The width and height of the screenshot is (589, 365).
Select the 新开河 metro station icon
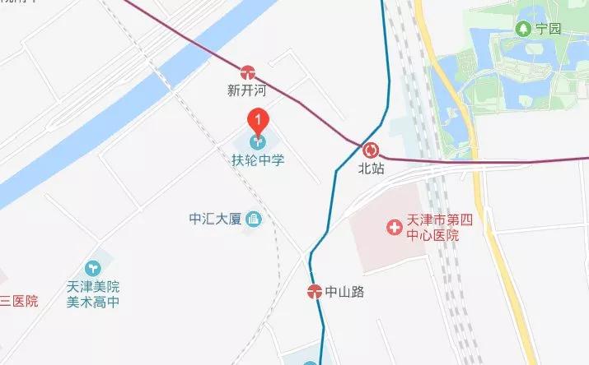(248, 72)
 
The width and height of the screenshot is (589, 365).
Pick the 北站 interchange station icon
(371, 150)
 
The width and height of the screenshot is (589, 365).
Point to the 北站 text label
(371, 169)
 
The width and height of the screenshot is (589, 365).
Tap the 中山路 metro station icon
(314, 290)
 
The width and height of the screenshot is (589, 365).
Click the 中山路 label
(344, 291)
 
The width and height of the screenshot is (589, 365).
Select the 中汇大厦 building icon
(254, 219)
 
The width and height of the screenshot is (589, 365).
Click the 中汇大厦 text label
(213, 219)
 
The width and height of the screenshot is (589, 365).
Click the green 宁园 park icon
(522, 29)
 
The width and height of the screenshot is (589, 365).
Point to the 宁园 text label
(549, 29)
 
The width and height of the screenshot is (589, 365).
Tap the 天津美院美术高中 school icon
(93, 268)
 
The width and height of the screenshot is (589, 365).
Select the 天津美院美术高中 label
(93, 294)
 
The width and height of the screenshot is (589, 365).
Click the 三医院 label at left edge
(18, 301)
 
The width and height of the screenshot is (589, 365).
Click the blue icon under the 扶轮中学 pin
(258, 142)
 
